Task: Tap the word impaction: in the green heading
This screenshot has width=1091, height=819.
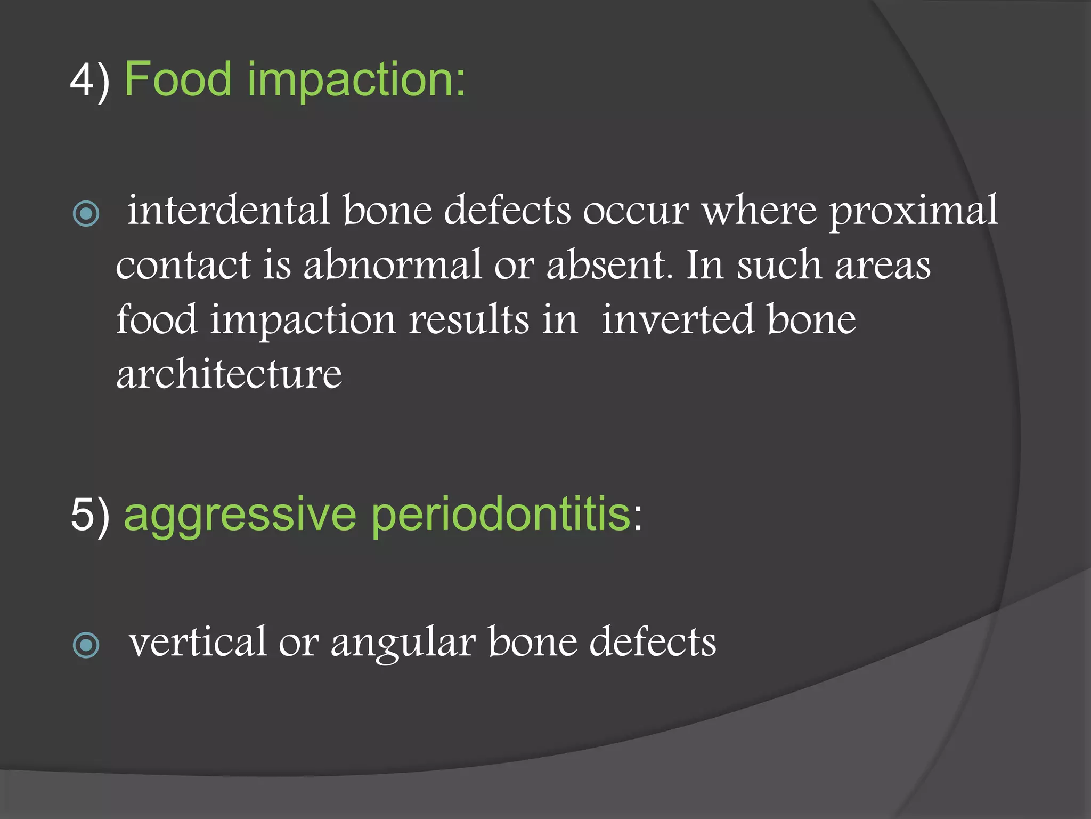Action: [x=356, y=80]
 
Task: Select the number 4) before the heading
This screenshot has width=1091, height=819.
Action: [x=89, y=80]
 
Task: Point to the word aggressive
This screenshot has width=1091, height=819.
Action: [x=240, y=516]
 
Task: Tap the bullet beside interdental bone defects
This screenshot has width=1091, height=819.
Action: [x=86, y=214]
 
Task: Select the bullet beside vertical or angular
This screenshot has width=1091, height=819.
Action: [x=86, y=645]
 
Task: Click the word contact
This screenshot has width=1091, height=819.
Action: [x=183, y=265]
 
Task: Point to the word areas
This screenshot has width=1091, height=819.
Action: [x=882, y=266]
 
